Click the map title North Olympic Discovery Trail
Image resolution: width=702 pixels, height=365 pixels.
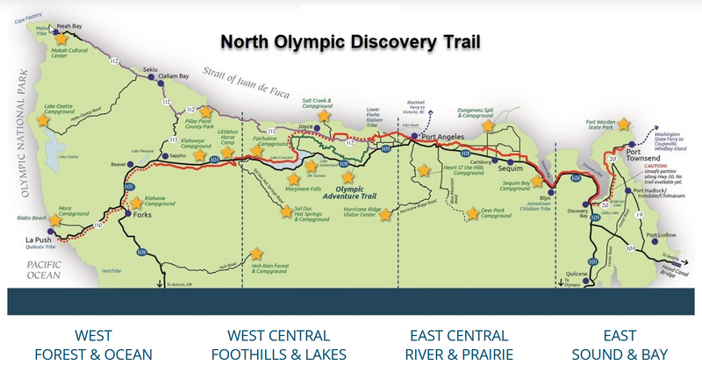click(348, 40)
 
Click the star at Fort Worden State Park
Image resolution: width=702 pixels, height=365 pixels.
click(625, 124)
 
